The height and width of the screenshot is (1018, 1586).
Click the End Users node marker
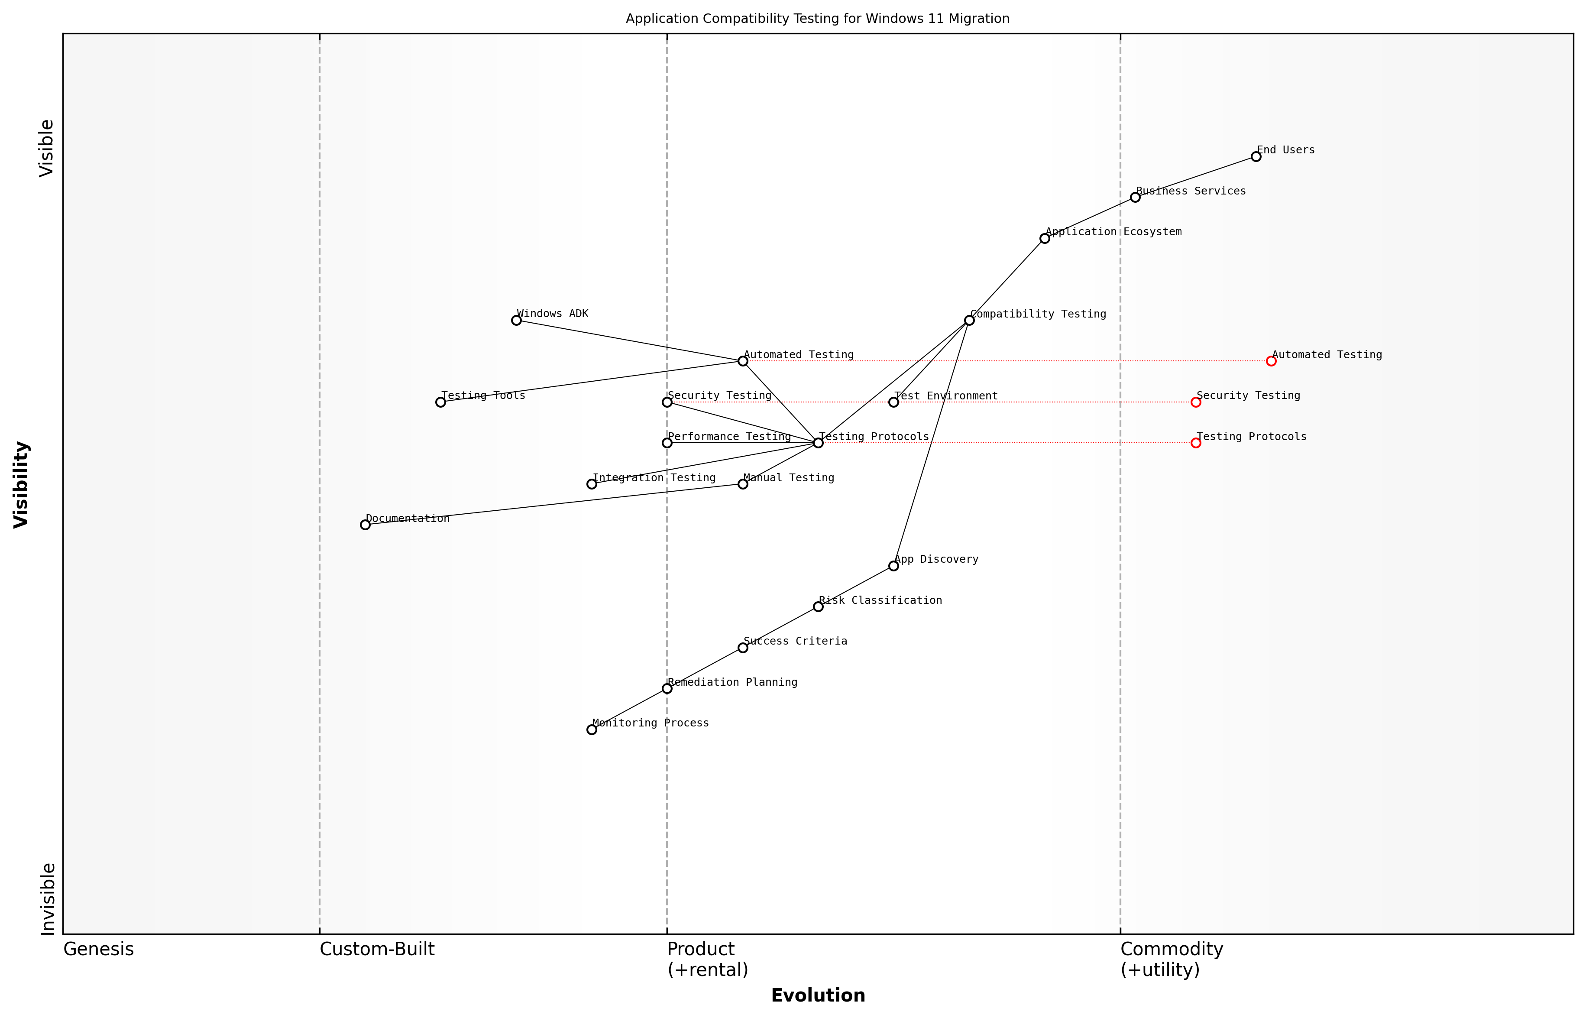[x=1256, y=157]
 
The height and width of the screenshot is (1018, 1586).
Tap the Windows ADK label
[x=553, y=314]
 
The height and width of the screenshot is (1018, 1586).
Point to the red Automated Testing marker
[x=1271, y=361]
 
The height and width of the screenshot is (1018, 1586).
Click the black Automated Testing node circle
[x=742, y=361]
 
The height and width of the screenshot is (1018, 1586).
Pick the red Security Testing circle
[x=1195, y=402]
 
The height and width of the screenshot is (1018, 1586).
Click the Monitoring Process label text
[x=650, y=723]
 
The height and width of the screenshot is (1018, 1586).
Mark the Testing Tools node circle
[x=440, y=402]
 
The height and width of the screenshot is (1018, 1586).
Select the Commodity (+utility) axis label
[x=1171, y=959]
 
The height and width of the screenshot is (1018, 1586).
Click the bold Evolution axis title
[x=817, y=995]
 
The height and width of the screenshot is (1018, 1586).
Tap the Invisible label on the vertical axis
[x=47, y=899]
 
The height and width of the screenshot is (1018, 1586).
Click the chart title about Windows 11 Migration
[x=817, y=19]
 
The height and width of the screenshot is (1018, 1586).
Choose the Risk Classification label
[x=880, y=600]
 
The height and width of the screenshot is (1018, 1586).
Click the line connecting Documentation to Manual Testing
[x=554, y=504]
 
